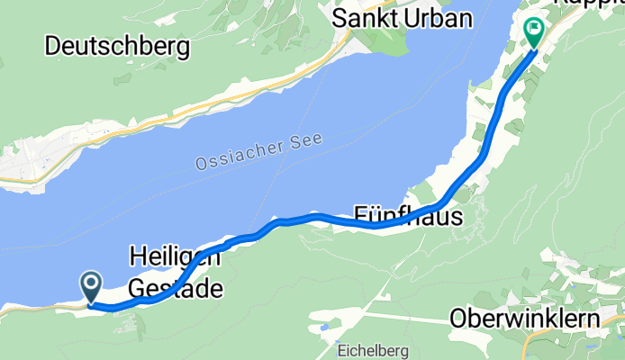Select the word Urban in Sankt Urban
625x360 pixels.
[x=441, y=18]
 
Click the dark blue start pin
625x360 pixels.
[x=92, y=286]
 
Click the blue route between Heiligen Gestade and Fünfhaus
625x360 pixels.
[x=297, y=219]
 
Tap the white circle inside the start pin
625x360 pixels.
[x=92, y=283]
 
